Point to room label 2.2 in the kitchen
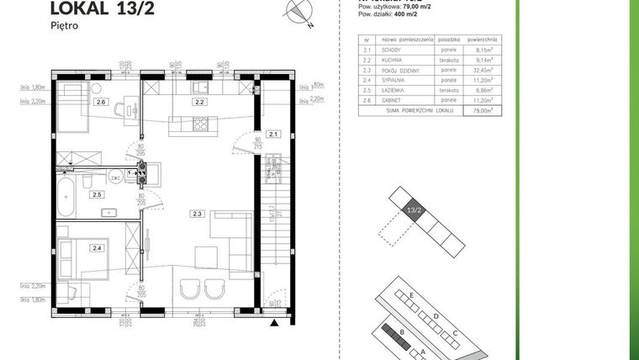[x=200, y=102]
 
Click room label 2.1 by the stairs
[x=272, y=134]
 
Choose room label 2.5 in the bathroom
[x=98, y=194]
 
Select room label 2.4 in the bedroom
[x=98, y=247]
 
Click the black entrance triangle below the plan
[x=272, y=320]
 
